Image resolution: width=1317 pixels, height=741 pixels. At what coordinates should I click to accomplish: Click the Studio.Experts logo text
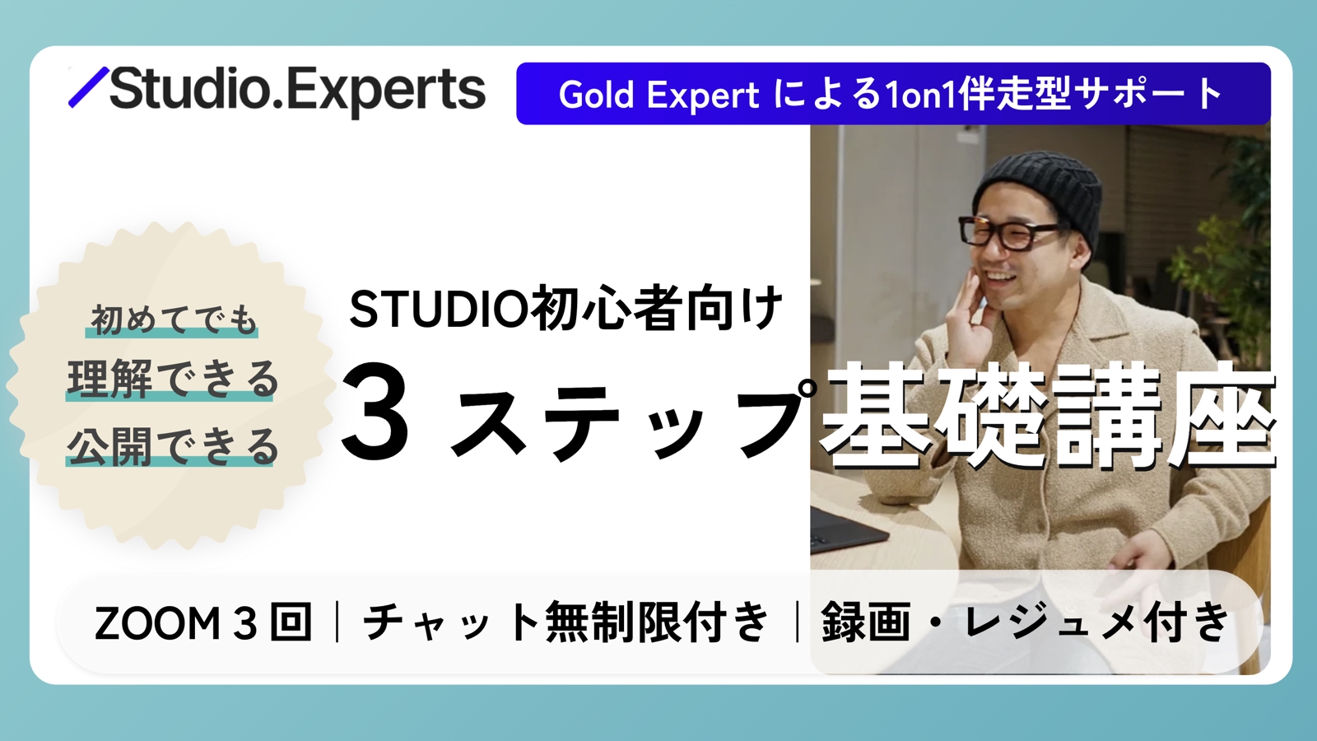296,91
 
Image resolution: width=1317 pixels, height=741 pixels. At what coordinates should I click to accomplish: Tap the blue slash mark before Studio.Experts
88,87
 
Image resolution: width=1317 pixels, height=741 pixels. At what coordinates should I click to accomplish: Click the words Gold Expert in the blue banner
658,95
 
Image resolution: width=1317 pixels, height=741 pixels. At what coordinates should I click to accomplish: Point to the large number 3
375,412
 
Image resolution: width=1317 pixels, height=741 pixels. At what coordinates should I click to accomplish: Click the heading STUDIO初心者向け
565,309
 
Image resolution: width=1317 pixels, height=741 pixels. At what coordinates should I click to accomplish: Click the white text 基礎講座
1049,416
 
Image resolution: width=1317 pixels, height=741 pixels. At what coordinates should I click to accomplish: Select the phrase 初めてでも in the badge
173,319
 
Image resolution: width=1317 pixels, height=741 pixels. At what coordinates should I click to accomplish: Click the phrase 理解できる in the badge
173,380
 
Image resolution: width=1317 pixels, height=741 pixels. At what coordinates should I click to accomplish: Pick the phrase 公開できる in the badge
173,446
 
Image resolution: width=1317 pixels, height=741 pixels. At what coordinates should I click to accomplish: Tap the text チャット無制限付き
566,622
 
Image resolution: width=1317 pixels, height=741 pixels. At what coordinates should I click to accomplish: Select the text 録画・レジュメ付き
1025,622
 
